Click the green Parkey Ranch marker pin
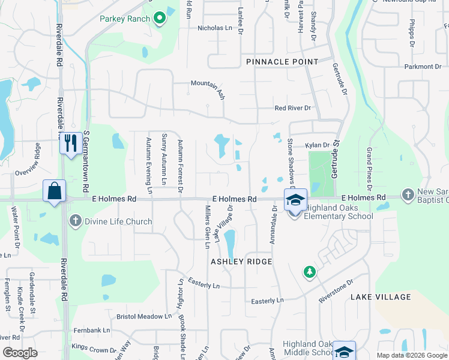160,19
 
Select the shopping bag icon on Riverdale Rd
54,191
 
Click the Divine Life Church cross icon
76,221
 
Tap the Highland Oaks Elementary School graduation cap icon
295,200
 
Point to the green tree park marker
310,272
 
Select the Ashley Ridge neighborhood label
241,262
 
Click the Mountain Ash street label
208,86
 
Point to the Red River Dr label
292,108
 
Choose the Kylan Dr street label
318,145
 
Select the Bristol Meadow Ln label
144,316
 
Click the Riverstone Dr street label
335,290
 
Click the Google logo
20,353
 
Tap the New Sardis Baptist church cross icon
408,194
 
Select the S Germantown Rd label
86,162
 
